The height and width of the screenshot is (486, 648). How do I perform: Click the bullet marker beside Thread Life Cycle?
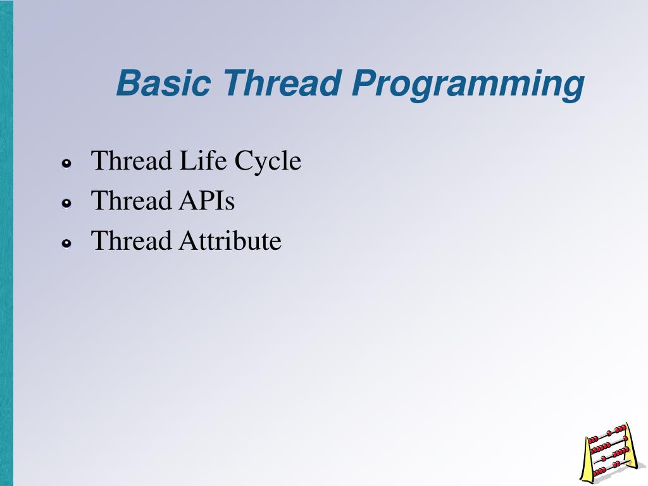point(66,164)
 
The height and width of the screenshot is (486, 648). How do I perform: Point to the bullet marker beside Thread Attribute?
point(66,244)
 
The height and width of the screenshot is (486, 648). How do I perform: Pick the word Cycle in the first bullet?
point(268,162)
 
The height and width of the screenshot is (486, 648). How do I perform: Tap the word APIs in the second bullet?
point(203,201)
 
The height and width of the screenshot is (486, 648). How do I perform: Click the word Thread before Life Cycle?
point(131,161)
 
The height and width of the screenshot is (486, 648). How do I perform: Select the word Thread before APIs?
point(131,201)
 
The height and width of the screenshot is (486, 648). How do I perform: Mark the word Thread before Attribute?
point(131,241)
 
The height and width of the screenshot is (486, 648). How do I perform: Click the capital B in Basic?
point(128,84)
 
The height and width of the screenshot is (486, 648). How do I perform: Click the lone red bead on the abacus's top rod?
point(608,433)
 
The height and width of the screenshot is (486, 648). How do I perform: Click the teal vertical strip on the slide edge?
point(6,243)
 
